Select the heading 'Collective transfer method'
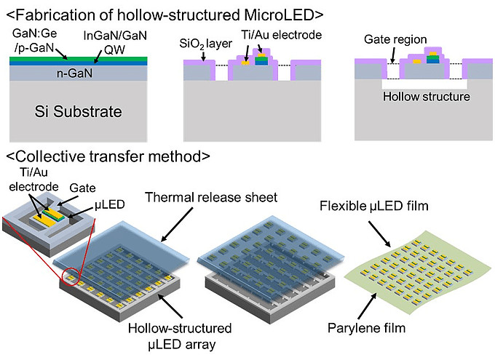[109, 156]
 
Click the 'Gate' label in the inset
[79, 187]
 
